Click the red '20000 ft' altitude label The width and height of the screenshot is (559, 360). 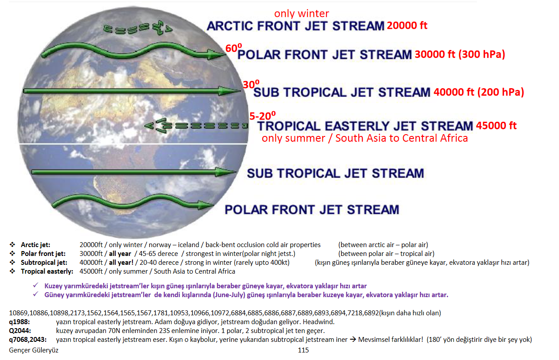point(407,25)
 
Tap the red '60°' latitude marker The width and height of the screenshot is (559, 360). point(233,48)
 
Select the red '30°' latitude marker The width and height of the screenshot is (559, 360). point(251,84)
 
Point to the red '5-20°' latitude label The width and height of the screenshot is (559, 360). point(263,116)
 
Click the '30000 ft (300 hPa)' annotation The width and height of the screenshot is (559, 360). point(460,54)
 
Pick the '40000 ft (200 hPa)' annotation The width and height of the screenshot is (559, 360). point(479,92)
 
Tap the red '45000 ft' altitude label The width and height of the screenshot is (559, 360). point(496,125)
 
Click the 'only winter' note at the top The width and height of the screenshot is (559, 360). point(302,13)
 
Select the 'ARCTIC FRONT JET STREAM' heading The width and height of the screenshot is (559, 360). point(295,26)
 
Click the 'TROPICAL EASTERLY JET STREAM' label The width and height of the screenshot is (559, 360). point(365,126)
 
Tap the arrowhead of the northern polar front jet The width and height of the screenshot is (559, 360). point(217,54)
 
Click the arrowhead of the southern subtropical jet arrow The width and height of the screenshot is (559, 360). point(226,172)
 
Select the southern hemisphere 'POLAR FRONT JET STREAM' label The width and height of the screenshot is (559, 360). point(312,209)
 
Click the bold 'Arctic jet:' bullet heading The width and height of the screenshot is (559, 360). point(35,245)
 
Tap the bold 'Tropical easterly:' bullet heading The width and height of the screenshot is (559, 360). point(47,271)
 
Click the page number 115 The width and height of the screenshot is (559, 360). point(303,350)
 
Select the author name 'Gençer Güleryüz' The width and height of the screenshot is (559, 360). point(34,350)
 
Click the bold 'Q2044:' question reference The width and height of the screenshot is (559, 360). point(20,331)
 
